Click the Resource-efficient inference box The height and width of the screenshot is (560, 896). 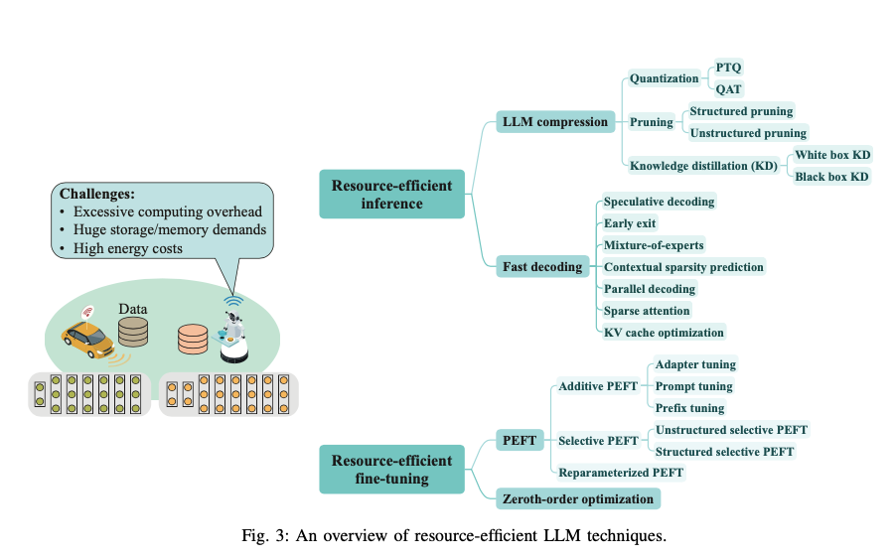[391, 195]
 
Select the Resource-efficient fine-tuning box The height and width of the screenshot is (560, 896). [391, 469]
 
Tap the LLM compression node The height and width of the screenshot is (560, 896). [554, 122]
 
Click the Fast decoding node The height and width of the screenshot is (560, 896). [542, 266]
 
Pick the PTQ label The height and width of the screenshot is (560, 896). [729, 68]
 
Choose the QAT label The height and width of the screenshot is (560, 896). [729, 89]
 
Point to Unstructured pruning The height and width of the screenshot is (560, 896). [748, 133]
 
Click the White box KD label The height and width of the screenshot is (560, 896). [832, 155]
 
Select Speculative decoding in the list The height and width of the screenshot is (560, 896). [659, 202]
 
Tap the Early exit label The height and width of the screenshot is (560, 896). [630, 223]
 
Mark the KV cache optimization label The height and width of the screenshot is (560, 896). [664, 332]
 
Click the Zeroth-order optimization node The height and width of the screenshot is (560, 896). [576, 498]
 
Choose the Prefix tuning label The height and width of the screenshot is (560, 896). [689, 408]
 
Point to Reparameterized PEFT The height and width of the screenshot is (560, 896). [621, 473]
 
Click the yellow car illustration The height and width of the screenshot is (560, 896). [87, 337]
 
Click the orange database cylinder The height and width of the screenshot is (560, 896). [193, 339]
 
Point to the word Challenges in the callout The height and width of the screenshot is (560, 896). [96, 194]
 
